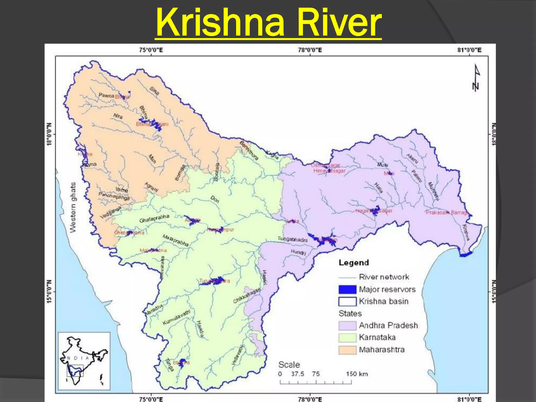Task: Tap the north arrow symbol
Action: tap(476, 77)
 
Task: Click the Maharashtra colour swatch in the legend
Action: tap(347, 350)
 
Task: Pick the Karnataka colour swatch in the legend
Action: tap(347, 338)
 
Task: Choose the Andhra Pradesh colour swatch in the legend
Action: tap(347, 326)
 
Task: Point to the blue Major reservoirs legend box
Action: tap(347, 289)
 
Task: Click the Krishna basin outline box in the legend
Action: tap(347, 301)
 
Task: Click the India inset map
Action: tap(84, 361)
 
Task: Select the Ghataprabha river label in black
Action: tap(154, 219)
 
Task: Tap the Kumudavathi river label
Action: tap(176, 317)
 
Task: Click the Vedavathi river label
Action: tap(238, 355)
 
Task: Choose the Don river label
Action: tap(215, 199)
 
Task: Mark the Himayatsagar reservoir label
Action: tap(329, 171)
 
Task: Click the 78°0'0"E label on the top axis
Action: tap(310, 50)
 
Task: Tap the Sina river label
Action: tap(154, 90)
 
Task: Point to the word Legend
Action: tap(354, 263)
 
